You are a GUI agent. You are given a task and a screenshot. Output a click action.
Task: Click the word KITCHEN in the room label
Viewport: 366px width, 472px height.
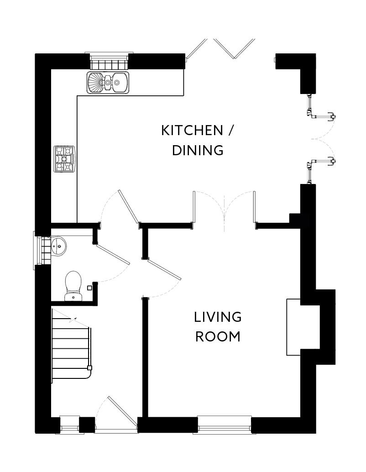pyautogui.click(x=190, y=131)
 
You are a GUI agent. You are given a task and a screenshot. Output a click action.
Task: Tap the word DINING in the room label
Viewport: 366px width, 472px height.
pyautogui.click(x=198, y=150)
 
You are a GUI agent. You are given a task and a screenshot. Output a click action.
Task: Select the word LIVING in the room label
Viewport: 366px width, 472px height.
pyautogui.click(x=218, y=317)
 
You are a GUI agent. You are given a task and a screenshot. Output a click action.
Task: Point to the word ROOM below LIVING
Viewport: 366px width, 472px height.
pyautogui.click(x=218, y=337)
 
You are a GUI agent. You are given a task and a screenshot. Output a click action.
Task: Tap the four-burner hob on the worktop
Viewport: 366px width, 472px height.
pyautogui.click(x=64, y=159)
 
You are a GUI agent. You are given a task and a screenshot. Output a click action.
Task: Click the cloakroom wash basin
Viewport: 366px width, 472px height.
pyautogui.click(x=58, y=247)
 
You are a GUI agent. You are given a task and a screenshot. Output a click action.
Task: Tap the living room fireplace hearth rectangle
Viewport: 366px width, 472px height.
pyautogui.click(x=293, y=326)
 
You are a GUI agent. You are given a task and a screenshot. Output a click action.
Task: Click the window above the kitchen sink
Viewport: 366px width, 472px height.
pyautogui.click(x=108, y=61)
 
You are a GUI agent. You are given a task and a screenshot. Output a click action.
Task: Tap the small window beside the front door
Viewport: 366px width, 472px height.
pyautogui.click(x=69, y=425)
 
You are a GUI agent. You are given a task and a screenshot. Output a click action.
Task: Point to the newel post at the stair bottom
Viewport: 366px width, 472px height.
pyautogui.click(x=90, y=368)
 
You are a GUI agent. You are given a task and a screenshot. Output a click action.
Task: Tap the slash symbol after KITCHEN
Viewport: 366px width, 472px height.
pyautogui.click(x=230, y=131)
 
